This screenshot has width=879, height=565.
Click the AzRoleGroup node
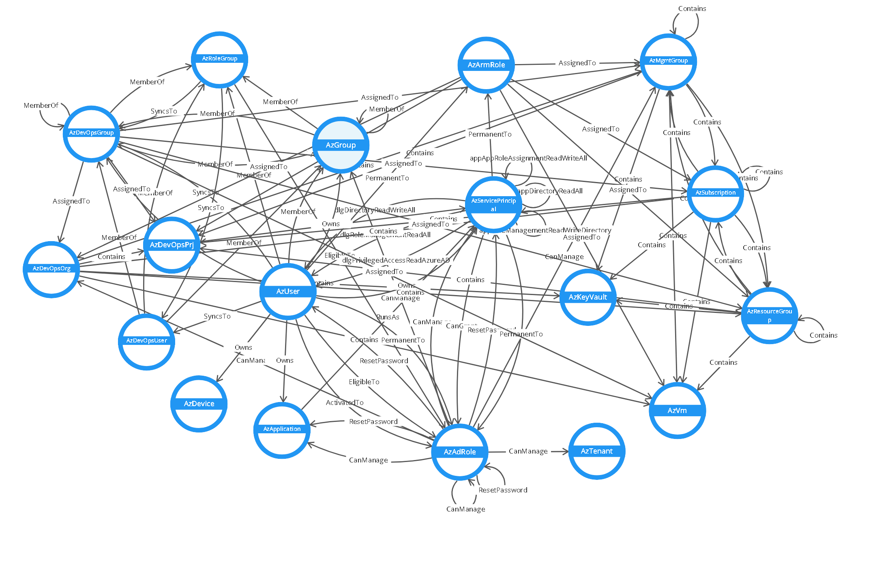[219, 60]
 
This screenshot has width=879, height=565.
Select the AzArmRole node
[486, 65]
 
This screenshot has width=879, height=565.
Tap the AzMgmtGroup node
[668, 62]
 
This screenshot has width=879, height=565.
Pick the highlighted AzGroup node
[341, 145]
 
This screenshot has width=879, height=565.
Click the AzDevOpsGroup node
[91, 133]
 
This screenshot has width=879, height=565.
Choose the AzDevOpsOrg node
[51, 269]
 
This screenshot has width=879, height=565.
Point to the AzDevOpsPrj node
[172, 245]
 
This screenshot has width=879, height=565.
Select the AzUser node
[287, 291]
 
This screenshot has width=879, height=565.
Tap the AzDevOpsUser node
[146, 341]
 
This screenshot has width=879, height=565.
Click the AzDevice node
[199, 404]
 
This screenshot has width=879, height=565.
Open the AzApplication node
[282, 430]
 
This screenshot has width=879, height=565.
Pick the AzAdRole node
[459, 452]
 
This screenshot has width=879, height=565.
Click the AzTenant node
[596, 451]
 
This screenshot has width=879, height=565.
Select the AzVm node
[677, 410]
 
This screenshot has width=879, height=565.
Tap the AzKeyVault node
[587, 297]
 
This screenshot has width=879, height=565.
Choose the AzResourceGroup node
[769, 315]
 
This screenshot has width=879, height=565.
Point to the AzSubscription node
[715, 193]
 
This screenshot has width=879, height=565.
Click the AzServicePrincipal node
[493, 205]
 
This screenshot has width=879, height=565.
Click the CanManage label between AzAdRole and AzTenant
[528, 451]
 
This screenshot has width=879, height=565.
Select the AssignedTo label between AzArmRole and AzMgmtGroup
[577, 63]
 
